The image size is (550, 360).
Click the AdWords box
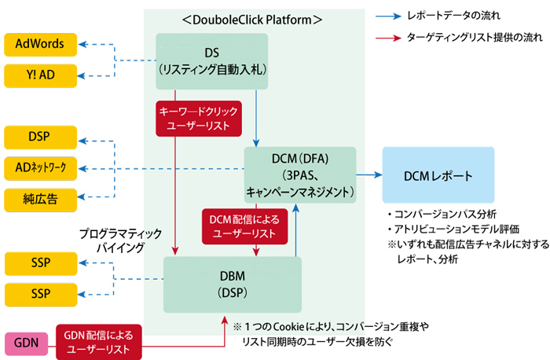tap(40, 44)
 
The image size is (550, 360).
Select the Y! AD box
tap(40, 75)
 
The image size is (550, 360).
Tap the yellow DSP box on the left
tap(40, 137)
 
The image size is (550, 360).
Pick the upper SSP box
tap(40, 263)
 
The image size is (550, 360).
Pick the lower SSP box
tap(40, 294)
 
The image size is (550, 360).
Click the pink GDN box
tap(26, 343)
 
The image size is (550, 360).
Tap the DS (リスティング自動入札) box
tap(212, 61)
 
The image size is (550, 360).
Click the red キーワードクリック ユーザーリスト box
tap(199, 118)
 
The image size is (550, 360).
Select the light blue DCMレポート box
tap(438, 174)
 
